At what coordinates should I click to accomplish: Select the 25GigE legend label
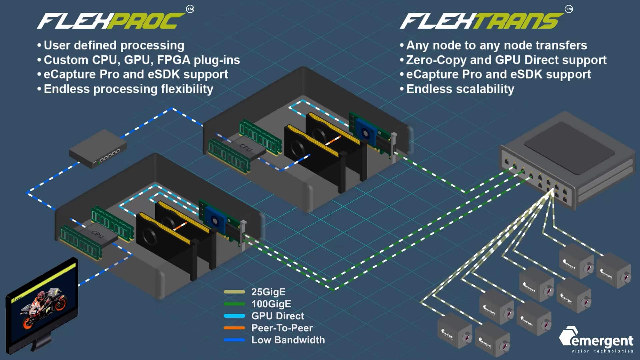268,292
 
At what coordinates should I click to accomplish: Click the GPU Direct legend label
278,316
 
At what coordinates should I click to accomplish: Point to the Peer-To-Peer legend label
282,328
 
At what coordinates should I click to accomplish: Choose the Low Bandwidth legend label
288,340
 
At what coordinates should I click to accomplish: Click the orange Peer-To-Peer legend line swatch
234,328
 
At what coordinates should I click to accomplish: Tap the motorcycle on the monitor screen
43,308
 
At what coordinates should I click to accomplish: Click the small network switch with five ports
98,148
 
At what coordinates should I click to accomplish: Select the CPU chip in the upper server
247,148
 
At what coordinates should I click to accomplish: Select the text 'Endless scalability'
460,89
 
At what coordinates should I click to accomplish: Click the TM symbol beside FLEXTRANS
569,9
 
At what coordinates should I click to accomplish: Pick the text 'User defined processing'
114,45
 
